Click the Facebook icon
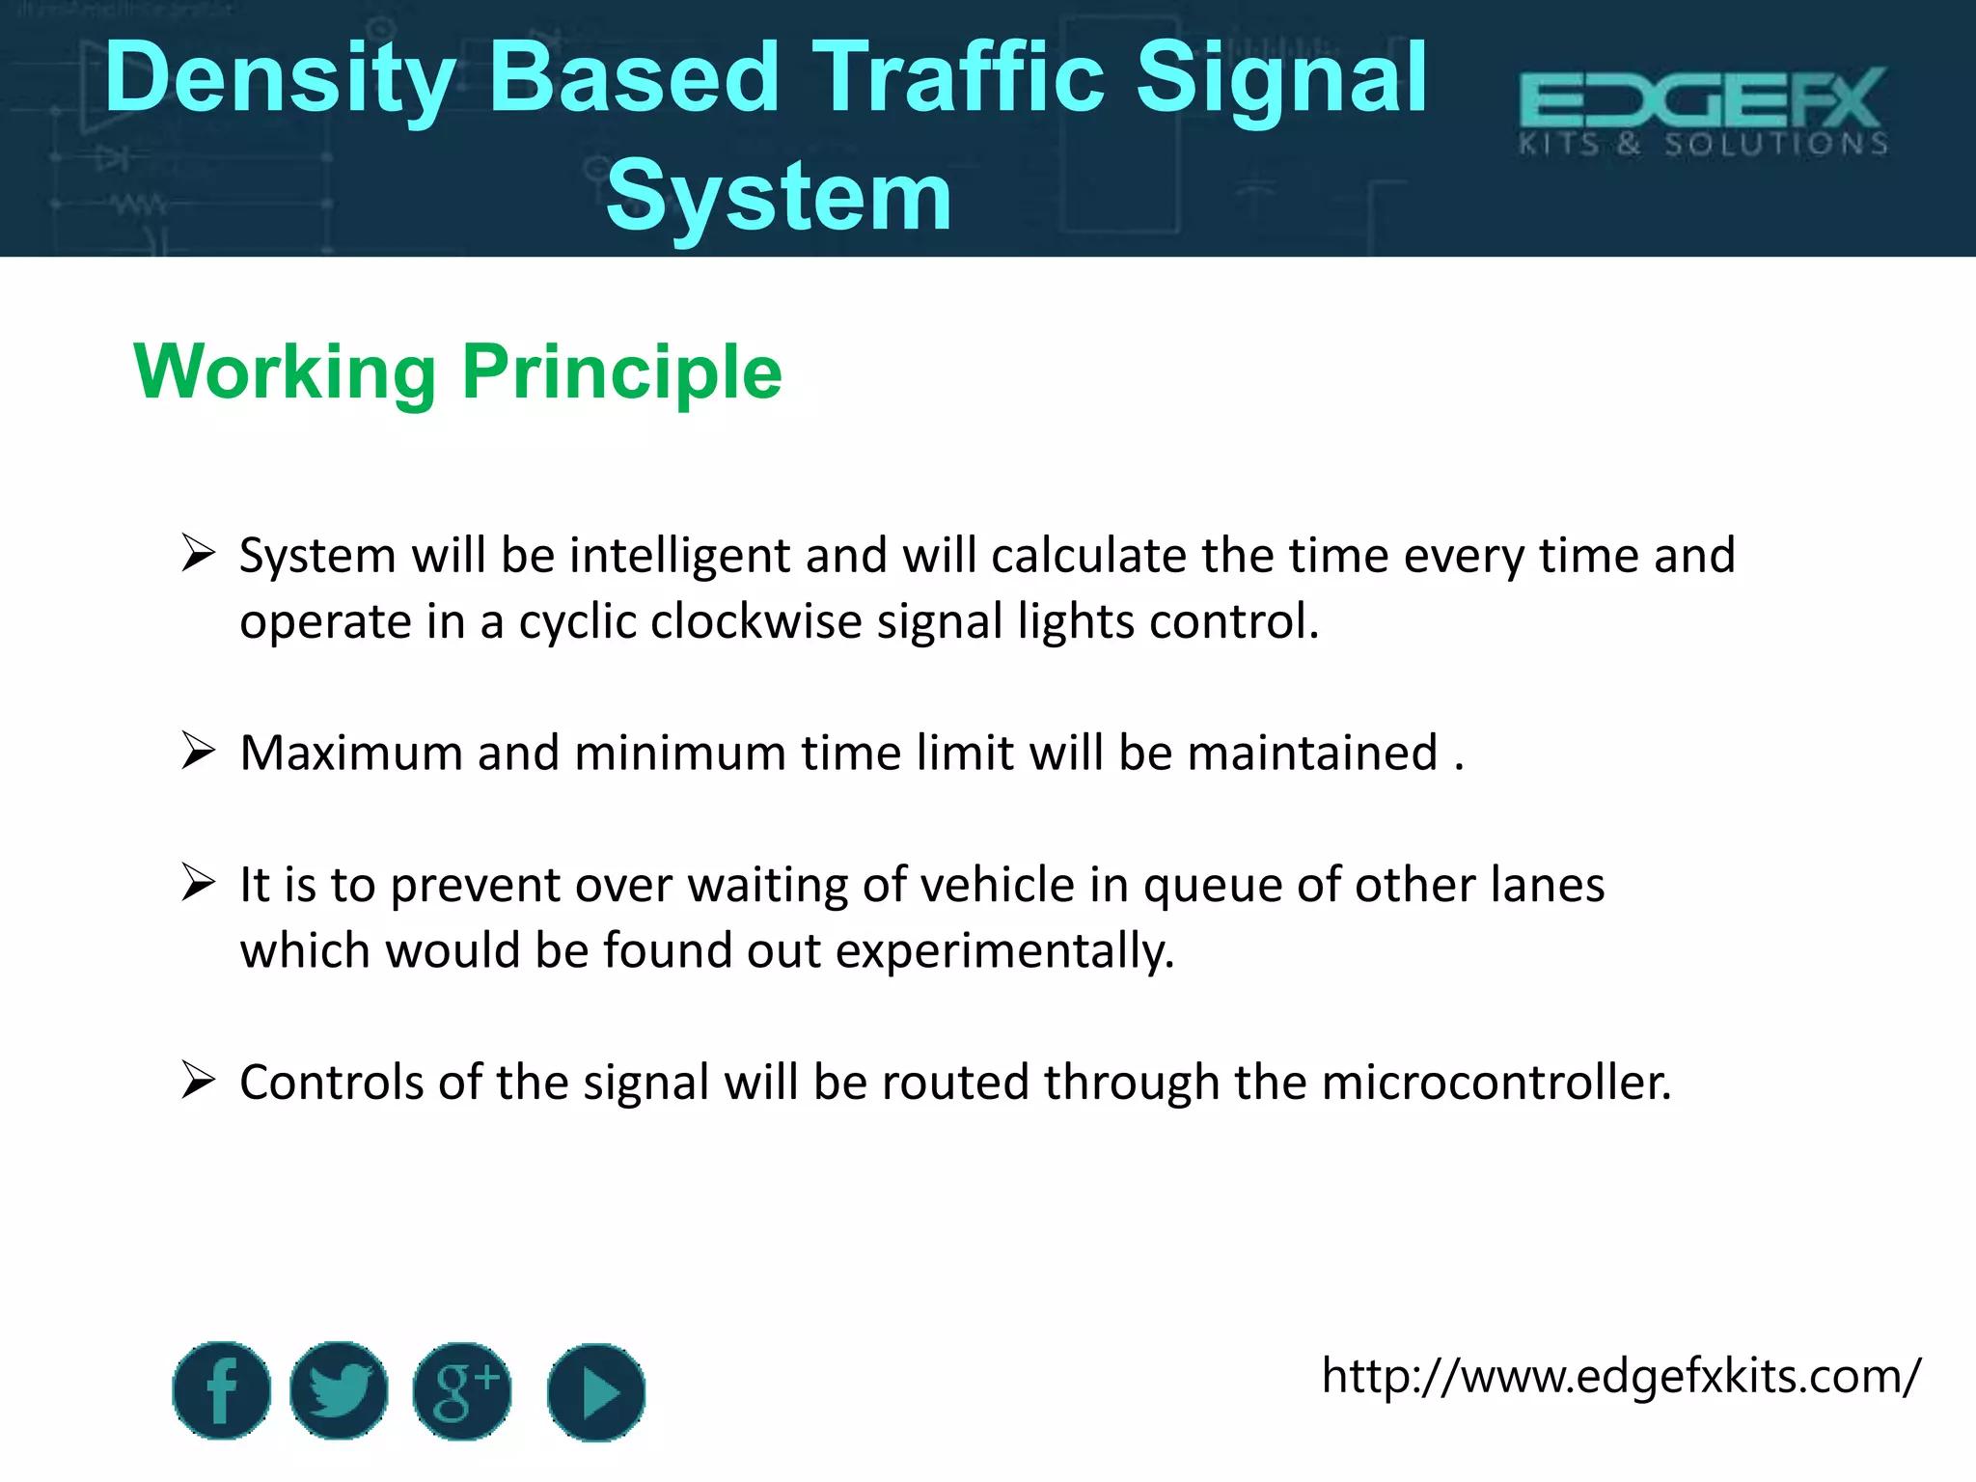222,1390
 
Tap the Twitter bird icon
339,1390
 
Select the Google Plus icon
462,1390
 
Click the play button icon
596,1392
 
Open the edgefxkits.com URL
1621,1376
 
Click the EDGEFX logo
1703,110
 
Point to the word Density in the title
280,79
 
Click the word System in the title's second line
779,197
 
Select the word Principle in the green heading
621,372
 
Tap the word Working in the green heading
286,372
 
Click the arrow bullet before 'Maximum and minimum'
198,751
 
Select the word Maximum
350,753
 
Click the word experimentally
1004,951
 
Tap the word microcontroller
1496,1083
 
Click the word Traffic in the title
959,79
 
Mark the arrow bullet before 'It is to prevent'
198,883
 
